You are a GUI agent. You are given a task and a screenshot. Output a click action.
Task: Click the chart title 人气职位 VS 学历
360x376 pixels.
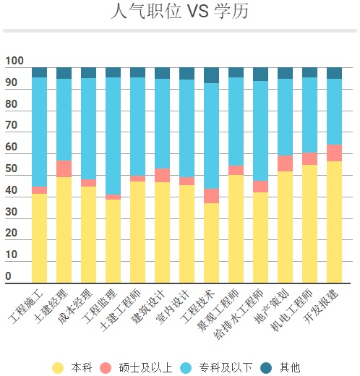point(180,12)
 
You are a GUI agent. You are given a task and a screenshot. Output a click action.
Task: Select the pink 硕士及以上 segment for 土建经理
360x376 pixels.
point(64,168)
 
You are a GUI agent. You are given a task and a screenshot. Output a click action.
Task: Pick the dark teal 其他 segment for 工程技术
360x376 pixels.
point(211,75)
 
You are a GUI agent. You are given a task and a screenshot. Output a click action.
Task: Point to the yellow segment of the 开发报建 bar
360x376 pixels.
point(334,222)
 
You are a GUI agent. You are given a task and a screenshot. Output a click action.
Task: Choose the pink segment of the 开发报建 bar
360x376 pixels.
point(334,153)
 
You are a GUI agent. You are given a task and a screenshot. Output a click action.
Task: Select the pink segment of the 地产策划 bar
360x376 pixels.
point(285,163)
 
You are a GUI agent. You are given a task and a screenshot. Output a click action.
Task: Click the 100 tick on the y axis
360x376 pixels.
point(14,61)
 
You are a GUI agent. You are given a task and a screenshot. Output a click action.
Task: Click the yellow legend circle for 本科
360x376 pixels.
point(58,367)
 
